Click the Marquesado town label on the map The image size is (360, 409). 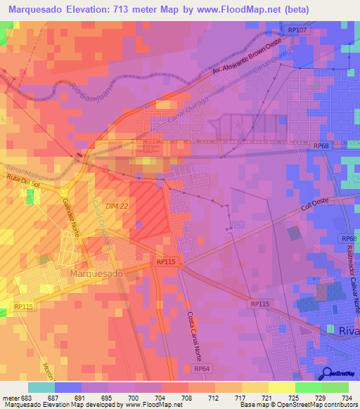point(96,272)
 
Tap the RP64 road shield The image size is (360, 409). point(202,368)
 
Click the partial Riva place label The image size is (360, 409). point(345,330)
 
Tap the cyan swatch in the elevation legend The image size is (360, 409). point(41,387)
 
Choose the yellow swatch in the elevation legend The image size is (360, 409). point(281,387)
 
